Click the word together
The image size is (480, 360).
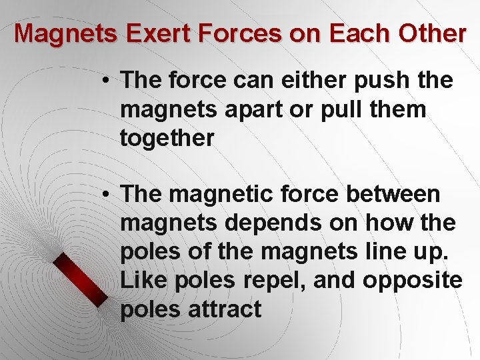click(x=167, y=138)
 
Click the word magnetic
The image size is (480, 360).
click(x=223, y=195)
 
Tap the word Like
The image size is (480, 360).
click(x=143, y=281)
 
